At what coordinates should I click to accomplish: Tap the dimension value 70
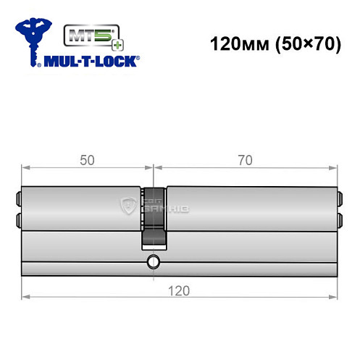pos(244,161)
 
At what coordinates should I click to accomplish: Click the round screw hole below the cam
pos(153,261)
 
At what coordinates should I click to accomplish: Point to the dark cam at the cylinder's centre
pos(154,217)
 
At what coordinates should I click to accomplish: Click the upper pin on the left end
pos(19,196)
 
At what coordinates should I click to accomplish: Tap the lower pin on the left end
pos(19,218)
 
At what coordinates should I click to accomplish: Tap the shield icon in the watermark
pos(131,206)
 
